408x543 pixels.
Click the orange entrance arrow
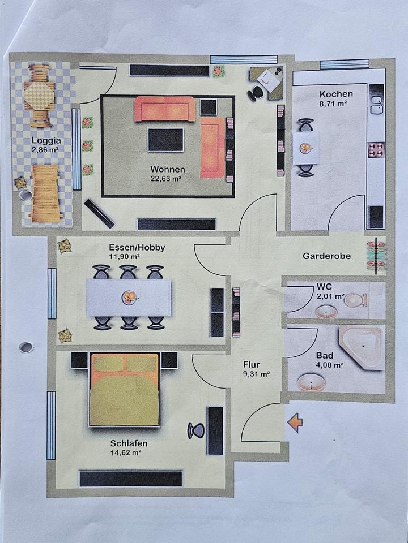point(295,423)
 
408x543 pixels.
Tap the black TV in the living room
point(165,140)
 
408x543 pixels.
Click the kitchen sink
point(376,102)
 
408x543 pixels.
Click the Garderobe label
point(326,256)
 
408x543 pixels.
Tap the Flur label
point(251,365)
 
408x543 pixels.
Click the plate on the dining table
point(130,297)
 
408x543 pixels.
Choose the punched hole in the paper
point(26,347)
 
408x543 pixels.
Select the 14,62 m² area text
point(126,453)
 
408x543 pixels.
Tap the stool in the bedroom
point(196,430)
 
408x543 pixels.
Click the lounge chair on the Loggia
point(45,193)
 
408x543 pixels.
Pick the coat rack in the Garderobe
point(376,256)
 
